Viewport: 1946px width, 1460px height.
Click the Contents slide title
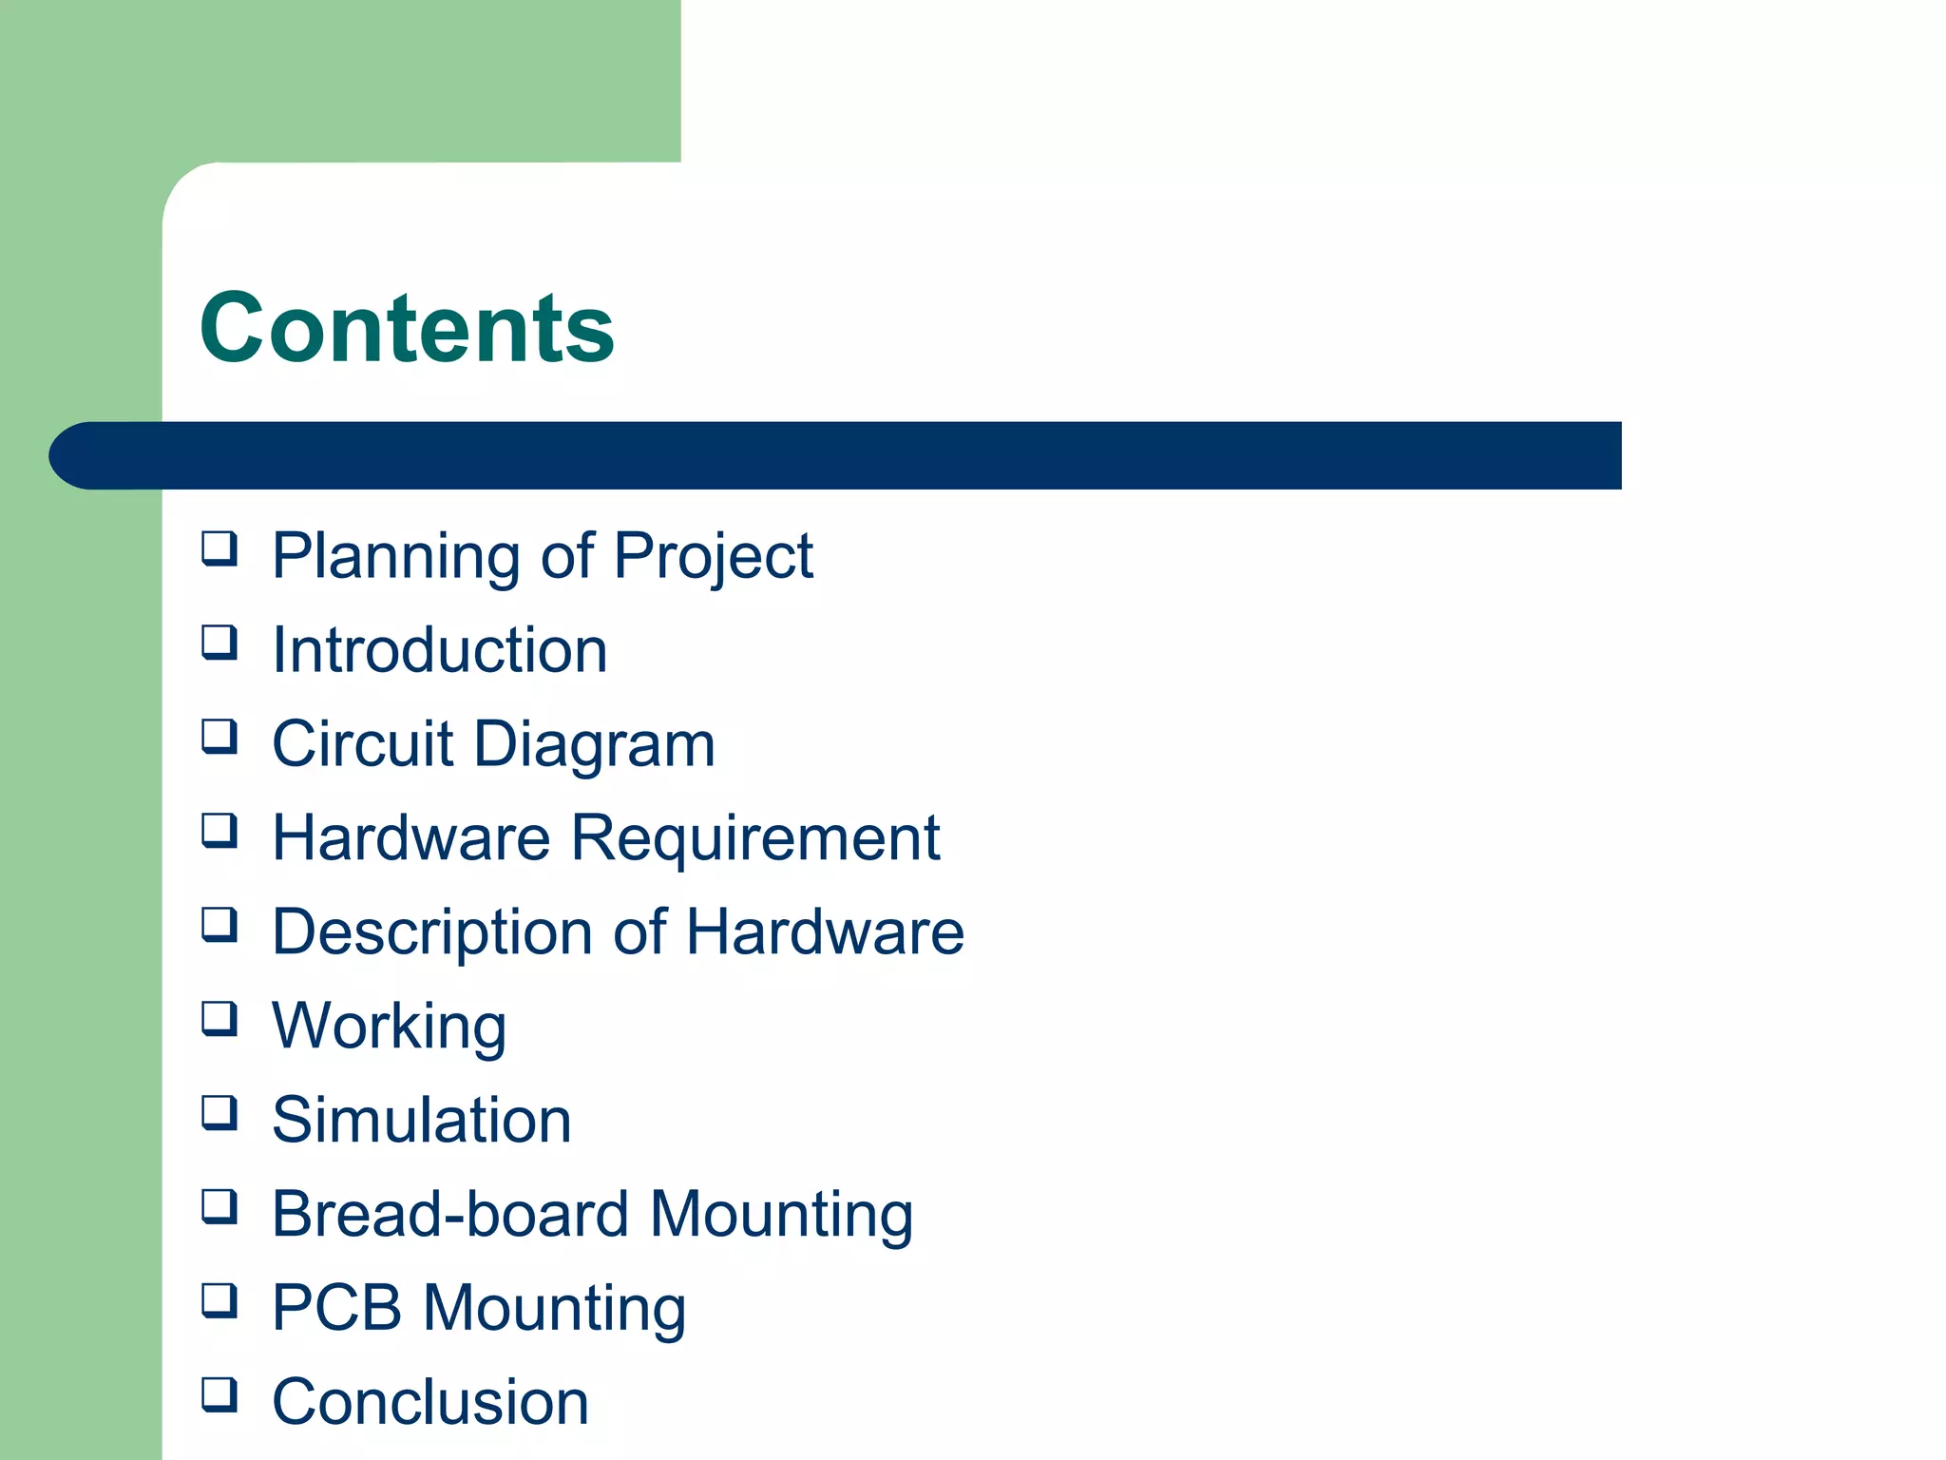(x=407, y=328)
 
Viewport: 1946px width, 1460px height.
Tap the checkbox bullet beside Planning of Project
(x=219, y=549)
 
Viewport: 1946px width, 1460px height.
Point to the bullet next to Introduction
(x=219, y=643)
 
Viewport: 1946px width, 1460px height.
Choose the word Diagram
(x=594, y=745)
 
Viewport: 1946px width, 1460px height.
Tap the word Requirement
(x=755, y=838)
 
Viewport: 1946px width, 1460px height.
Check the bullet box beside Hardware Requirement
(x=219, y=831)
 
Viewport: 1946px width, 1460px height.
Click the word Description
(x=432, y=932)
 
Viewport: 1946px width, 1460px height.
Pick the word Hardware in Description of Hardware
(x=825, y=932)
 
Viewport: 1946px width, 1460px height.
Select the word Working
(x=389, y=1028)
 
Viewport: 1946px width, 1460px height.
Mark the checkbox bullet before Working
(x=219, y=1019)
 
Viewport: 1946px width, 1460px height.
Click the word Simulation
(x=422, y=1120)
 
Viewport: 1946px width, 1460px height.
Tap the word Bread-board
(x=450, y=1214)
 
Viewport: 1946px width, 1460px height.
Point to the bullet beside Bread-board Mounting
(x=219, y=1207)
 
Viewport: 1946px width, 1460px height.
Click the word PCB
(x=336, y=1308)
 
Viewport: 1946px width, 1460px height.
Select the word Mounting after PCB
(x=554, y=1310)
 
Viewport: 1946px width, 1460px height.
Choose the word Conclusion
(x=430, y=1402)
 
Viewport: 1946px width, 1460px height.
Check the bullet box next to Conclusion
(x=219, y=1394)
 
